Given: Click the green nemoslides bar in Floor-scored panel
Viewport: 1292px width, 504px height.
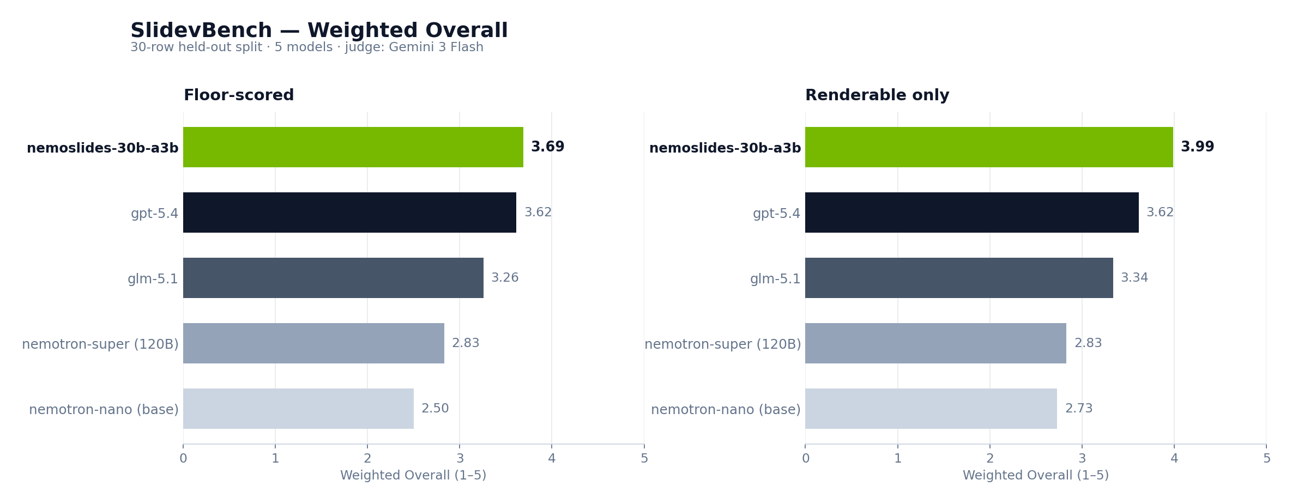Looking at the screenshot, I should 353,147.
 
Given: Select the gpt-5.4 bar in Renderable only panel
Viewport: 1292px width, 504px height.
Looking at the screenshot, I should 971,212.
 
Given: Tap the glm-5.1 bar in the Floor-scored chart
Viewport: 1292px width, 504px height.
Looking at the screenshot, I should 333,278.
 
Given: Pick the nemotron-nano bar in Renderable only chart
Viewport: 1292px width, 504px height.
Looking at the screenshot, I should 931,409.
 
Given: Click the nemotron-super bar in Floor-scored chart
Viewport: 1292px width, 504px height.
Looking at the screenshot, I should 313,343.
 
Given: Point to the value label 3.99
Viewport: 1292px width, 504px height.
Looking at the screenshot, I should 1197,147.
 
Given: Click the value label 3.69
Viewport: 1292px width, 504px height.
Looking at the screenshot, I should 547,147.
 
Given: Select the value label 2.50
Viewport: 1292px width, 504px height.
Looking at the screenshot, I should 435,409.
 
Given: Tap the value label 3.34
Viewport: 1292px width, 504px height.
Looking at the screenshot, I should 1134,278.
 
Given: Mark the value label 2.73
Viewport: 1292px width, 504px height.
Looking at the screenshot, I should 1079,409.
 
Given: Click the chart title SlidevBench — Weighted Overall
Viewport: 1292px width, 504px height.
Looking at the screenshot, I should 319,31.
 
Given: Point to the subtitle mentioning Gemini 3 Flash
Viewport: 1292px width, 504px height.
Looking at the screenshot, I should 307,47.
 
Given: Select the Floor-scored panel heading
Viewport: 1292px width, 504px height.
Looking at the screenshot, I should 239,95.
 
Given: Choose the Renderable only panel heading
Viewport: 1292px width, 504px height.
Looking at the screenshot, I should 877,95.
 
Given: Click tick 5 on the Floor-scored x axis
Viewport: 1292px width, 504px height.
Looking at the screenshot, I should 644,459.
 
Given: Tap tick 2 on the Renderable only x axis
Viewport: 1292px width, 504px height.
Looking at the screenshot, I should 990,459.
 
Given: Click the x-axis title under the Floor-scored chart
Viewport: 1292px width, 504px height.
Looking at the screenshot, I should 413,476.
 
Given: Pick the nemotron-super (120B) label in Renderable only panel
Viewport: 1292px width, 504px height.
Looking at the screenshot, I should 722,344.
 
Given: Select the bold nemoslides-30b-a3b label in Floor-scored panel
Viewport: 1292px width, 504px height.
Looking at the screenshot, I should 102,148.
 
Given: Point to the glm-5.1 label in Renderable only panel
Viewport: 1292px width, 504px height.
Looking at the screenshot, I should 775,279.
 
